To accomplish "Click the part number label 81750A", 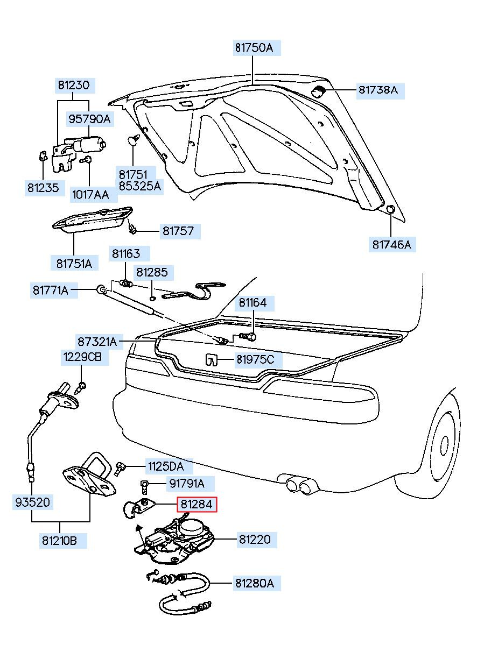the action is pyautogui.click(x=254, y=48).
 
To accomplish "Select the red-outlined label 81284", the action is pyautogui.click(x=197, y=504).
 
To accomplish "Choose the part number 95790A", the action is pyautogui.click(x=89, y=119).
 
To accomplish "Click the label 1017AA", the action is pyautogui.click(x=90, y=194).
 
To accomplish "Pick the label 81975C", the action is pyautogui.click(x=255, y=359).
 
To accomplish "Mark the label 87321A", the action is pyautogui.click(x=97, y=342).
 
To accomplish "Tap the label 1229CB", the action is pyautogui.click(x=82, y=357).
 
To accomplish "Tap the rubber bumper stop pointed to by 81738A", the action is pyautogui.click(x=318, y=91).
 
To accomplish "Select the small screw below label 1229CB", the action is pyautogui.click(x=81, y=388).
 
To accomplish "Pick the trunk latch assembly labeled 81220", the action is pyautogui.click(x=175, y=540).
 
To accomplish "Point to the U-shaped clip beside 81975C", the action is pyautogui.click(x=211, y=360).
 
